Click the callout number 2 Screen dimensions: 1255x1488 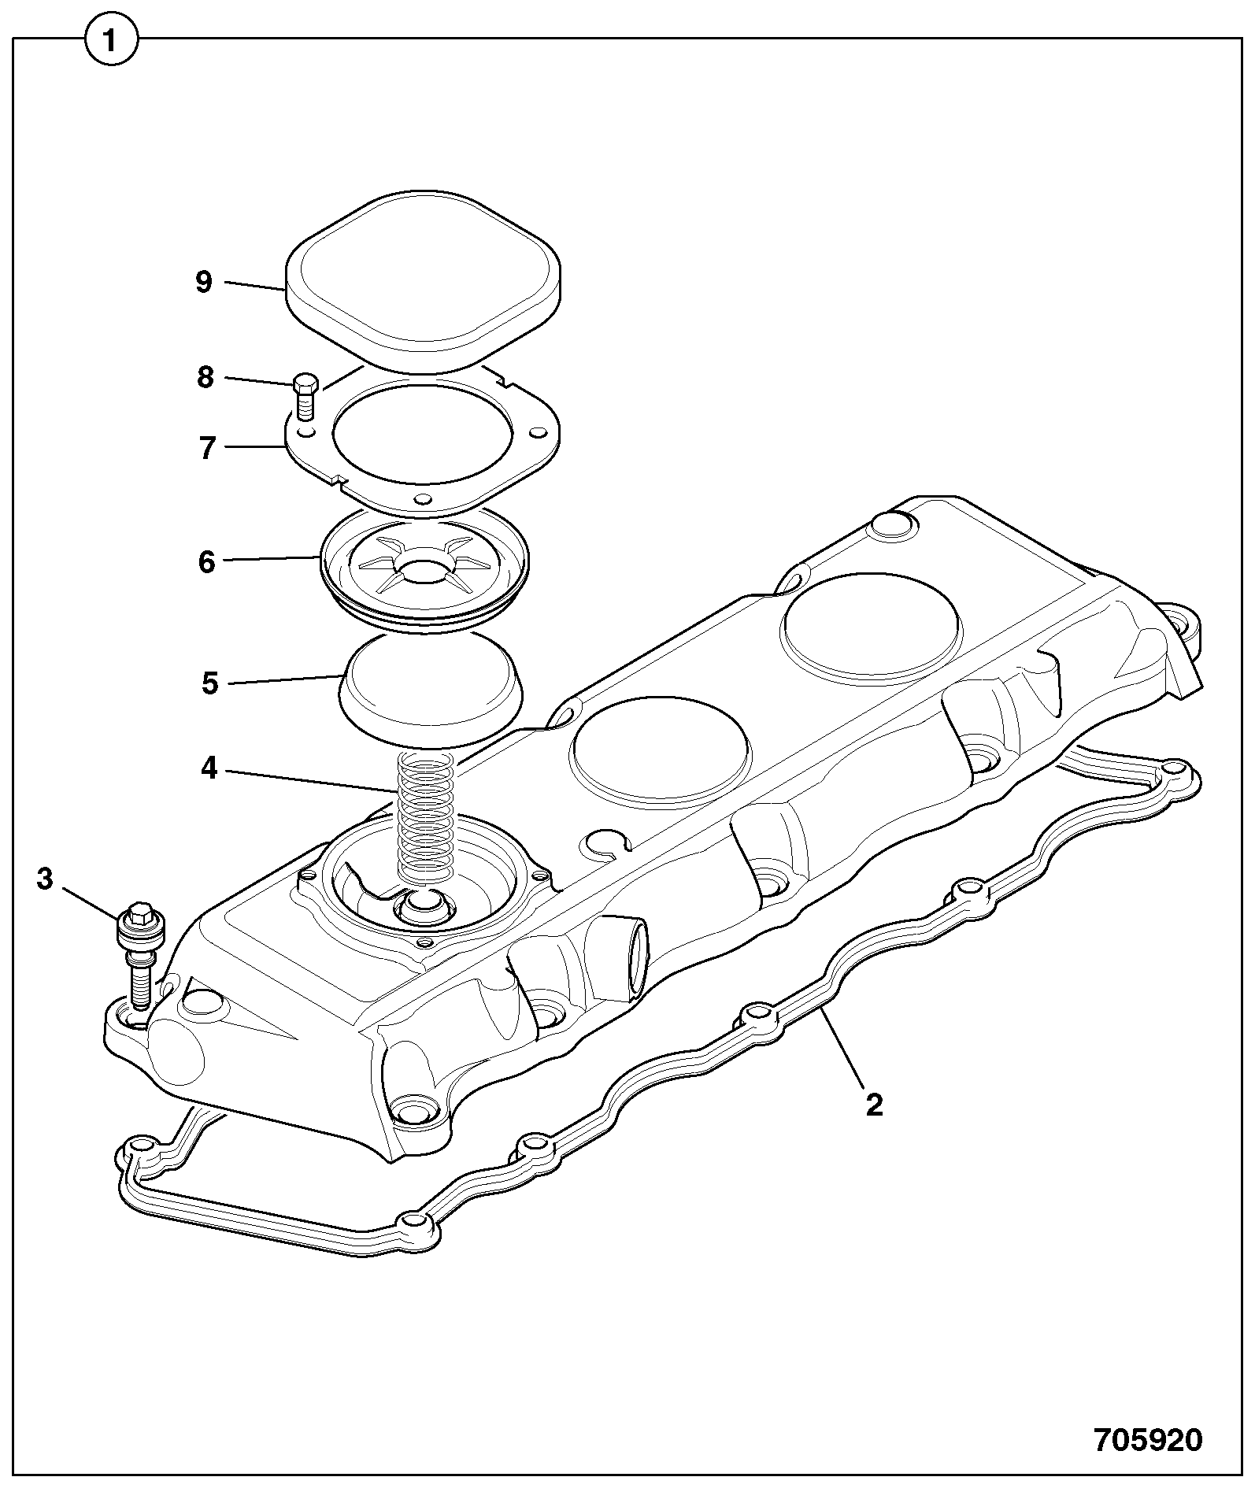point(874,1105)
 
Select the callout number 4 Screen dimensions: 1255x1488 point(209,768)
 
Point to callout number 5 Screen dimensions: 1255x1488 point(209,683)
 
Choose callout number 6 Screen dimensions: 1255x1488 point(206,562)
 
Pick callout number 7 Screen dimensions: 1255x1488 point(207,448)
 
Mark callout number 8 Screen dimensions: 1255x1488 point(205,378)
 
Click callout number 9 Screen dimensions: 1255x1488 point(204,281)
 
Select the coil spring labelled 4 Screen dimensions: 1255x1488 point(426,816)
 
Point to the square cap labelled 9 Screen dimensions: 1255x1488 point(424,279)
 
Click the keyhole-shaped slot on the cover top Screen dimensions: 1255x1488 point(605,843)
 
